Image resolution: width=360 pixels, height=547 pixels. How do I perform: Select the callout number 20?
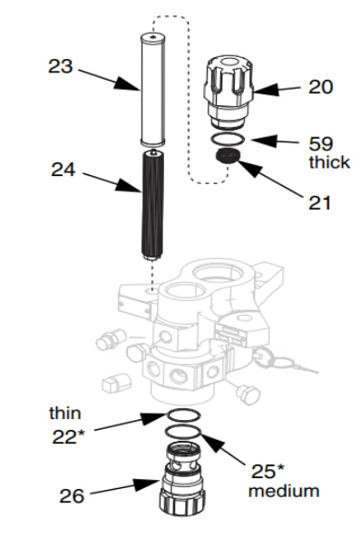pos(319,87)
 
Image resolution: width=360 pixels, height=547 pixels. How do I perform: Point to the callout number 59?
pos(319,144)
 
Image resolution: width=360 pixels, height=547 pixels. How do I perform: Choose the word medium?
pos(284,492)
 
